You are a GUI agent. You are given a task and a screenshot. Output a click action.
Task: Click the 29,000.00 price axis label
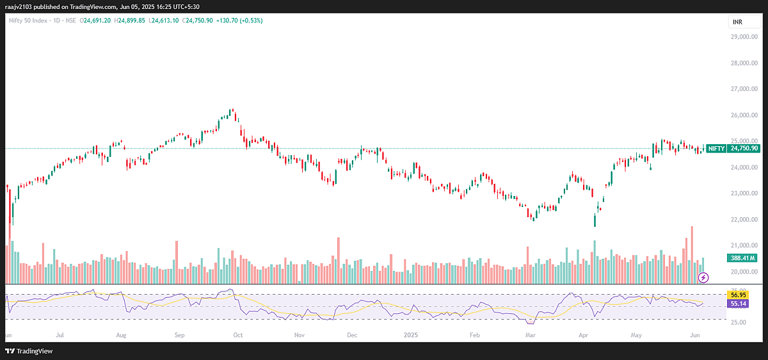(x=741, y=37)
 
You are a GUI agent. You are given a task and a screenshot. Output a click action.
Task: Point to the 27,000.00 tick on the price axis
(x=741, y=89)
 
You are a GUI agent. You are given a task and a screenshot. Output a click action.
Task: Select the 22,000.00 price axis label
(x=741, y=219)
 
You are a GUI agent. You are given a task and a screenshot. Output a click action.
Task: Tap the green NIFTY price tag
(x=716, y=148)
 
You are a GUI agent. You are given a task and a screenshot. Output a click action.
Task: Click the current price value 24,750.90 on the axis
(x=745, y=148)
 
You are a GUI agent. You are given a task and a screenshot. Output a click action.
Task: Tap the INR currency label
(x=737, y=21)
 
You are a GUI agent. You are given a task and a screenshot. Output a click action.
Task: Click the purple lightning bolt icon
(x=704, y=277)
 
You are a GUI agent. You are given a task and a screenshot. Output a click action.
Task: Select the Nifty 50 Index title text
(x=30, y=19)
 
